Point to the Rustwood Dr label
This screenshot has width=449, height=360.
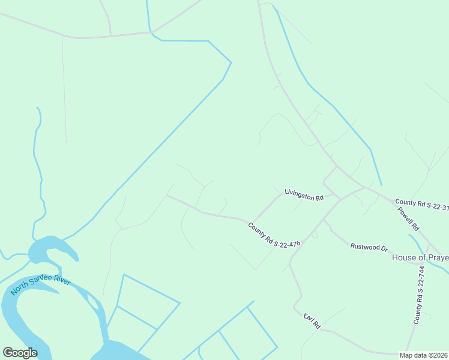[x=369, y=246]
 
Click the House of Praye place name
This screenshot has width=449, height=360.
[x=420, y=257]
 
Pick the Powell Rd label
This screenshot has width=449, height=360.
[x=408, y=219]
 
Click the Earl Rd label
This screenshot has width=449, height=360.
[x=312, y=320]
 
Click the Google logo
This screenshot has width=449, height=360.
[x=20, y=353]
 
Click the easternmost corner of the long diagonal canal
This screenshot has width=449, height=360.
[x=231, y=62]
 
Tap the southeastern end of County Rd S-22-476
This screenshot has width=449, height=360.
[x=291, y=262]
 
